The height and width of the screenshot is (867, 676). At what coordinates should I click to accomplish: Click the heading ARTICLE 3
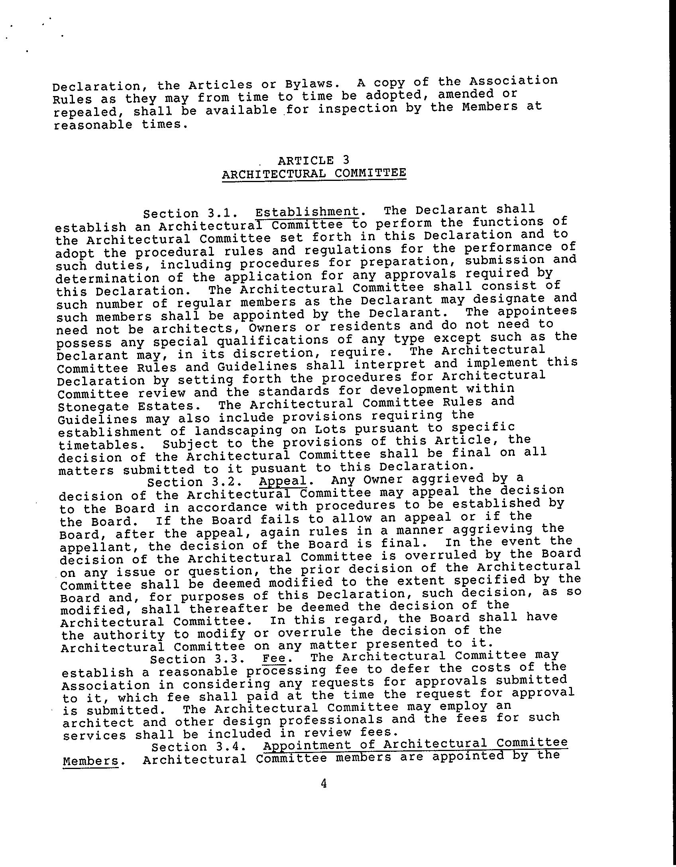[313, 160]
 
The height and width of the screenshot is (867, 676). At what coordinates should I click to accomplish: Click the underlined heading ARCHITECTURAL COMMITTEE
[314, 173]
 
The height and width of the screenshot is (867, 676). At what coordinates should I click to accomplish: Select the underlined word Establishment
[307, 212]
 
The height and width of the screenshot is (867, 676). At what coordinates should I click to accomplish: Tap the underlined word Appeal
[283, 481]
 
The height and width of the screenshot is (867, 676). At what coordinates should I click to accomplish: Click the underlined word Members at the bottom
[91, 761]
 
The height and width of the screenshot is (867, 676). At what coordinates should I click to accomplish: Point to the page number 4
[324, 784]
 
